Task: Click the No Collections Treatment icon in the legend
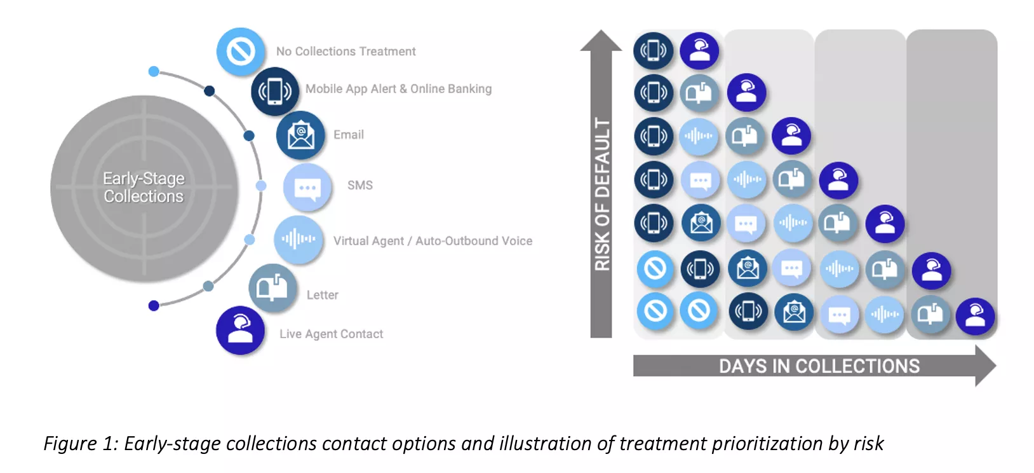click(x=240, y=51)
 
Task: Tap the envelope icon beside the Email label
click(x=300, y=135)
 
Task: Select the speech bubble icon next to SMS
click(x=307, y=187)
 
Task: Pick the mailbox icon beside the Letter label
click(x=272, y=289)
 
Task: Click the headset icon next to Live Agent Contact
click(x=240, y=331)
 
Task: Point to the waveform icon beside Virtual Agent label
click(x=298, y=240)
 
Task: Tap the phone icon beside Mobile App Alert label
click(x=274, y=92)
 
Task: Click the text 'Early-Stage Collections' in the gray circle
click(x=144, y=188)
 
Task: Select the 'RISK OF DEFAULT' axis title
click(x=602, y=194)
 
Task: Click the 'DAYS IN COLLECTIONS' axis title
click(x=819, y=366)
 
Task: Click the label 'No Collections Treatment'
click(x=346, y=51)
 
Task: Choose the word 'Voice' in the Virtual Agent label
click(x=516, y=241)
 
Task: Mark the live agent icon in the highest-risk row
click(x=699, y=50)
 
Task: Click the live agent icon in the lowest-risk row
click(x=975, y=316)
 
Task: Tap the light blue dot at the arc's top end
click(x=154, y=71)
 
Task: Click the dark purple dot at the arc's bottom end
click(x=154, y=306)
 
